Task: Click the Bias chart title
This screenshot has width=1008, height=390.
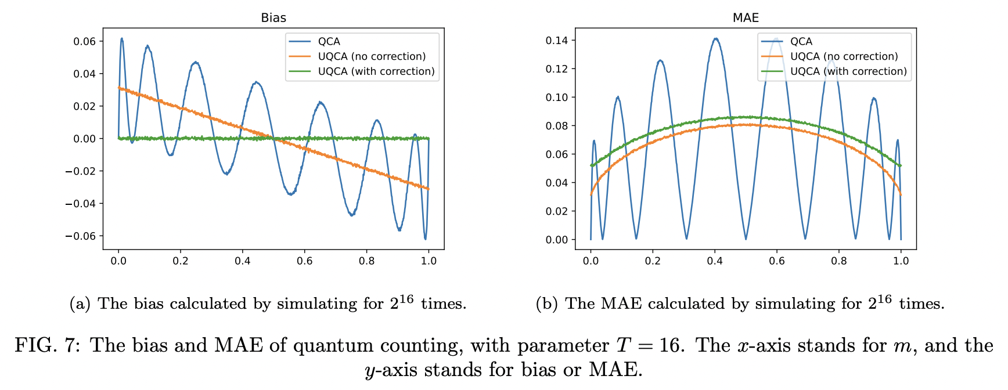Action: click(273, 17)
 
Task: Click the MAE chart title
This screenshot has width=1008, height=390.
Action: click(746, 17)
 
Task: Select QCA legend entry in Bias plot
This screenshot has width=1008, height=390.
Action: click(329, 41)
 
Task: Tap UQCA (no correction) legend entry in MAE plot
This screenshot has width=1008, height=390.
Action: click(844, 56)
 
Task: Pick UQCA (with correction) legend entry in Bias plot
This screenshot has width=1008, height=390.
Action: click(376, 71)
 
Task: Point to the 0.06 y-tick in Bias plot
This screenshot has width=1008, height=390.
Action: click(84, 41)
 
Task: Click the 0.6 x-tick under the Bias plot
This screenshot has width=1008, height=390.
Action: click(304, 261)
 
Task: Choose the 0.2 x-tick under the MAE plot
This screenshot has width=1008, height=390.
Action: click(653, 261)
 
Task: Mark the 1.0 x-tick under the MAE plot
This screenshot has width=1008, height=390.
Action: click(901, 261)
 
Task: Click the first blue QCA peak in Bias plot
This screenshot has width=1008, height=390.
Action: click(122, 39)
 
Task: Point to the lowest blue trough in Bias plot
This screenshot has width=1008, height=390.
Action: click(425, 239)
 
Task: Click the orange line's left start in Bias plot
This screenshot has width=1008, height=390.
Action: click(119, 88)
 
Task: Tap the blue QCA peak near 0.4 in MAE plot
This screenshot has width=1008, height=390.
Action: click(715, 39)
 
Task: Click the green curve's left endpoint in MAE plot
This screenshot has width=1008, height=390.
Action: click(591, 166)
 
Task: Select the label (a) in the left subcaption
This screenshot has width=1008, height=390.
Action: click(80, 304)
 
